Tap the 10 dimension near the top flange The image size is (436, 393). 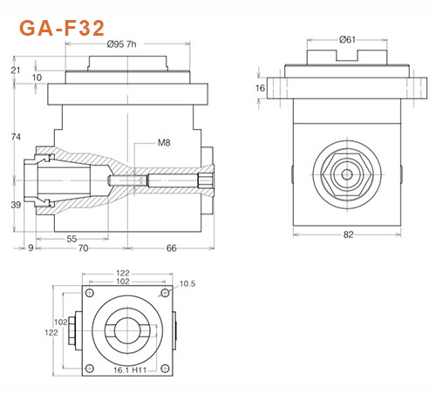(x=37, y=78)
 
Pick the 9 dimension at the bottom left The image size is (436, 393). (x=31, y=249)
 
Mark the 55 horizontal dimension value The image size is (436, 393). (x=72, y=237)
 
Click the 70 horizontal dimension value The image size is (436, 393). (x=84, y=249)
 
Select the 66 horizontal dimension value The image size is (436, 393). (x=172, y=249)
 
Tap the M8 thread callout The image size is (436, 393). (x=165, y=143)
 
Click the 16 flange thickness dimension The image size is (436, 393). (x=260, y=88)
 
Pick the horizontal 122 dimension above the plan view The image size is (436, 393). (x=122, y=273)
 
